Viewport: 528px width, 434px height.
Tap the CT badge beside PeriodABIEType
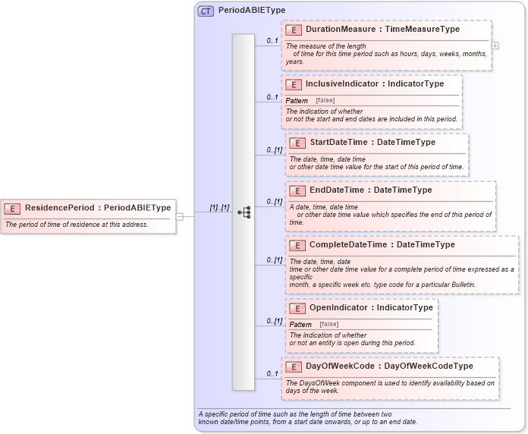206,11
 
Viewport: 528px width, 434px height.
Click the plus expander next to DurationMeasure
495,46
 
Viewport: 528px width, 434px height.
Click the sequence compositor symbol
244,213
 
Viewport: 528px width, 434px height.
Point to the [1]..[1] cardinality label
219,208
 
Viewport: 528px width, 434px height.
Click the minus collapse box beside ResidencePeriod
180,215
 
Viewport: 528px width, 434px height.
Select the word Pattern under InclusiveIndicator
297,100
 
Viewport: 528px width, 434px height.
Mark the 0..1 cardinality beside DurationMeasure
272,40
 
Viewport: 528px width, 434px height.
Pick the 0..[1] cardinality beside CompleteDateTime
274,260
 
